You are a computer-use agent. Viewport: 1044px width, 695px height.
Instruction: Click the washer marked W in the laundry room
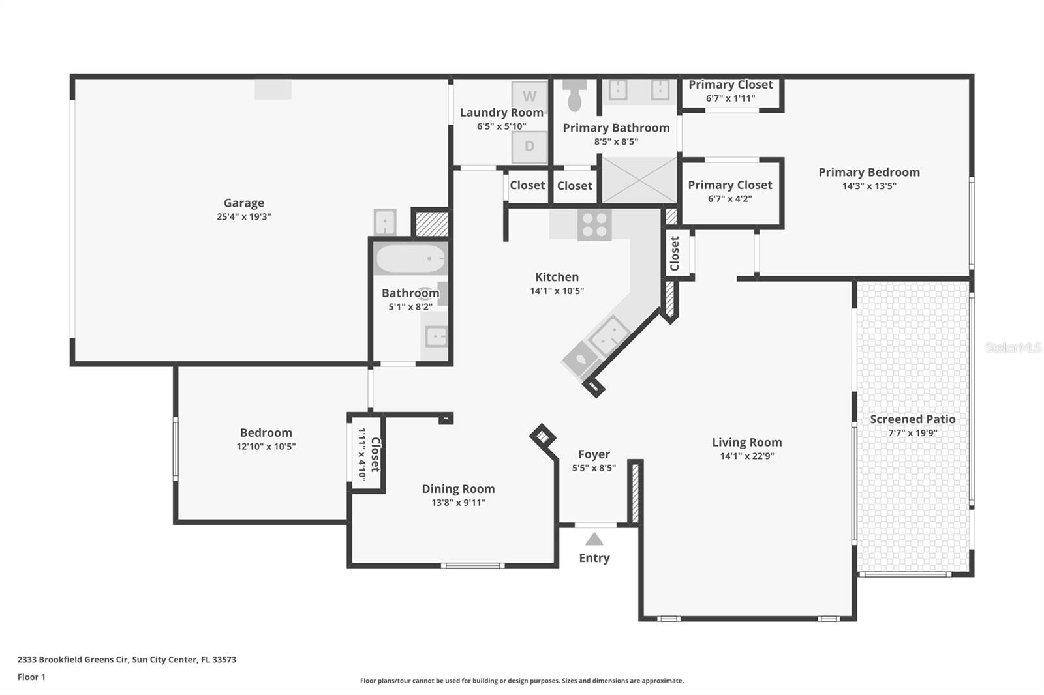pos(529,95)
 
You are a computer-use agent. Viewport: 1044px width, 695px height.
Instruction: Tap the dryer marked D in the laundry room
pos(529,147)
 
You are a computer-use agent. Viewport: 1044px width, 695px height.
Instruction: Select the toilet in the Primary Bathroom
pos(575,95)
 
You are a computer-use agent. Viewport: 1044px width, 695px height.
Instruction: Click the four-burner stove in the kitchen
pos(594,225)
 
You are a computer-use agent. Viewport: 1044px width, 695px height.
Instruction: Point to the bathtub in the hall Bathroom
pos(410,258)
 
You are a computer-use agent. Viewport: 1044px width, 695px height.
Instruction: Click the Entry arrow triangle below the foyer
pos(594,539)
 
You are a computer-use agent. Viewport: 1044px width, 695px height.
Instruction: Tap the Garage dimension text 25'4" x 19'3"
pos(244,216)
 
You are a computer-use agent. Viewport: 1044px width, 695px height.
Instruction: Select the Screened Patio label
pos(913,419)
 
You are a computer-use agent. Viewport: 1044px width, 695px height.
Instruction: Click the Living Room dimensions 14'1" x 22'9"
pos(747,456)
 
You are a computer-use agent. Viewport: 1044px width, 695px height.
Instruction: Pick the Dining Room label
pos(458,488)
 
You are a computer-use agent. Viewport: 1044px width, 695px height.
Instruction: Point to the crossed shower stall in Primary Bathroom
pos(639,180)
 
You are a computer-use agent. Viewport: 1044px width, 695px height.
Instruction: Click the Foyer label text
pos(594,454)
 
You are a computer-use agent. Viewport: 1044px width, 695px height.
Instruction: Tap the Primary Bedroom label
pos(869,172)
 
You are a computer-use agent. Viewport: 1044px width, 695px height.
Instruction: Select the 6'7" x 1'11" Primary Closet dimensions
pos(730,98)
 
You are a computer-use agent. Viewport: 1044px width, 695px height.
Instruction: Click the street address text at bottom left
pos(127,660)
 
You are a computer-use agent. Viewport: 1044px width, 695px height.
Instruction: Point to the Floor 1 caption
pos(31,677)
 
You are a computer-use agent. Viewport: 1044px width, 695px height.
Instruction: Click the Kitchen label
pos(557,277)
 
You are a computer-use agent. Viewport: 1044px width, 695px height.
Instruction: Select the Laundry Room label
pos(502,113)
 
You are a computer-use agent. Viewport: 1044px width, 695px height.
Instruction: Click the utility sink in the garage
pos(385,222)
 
